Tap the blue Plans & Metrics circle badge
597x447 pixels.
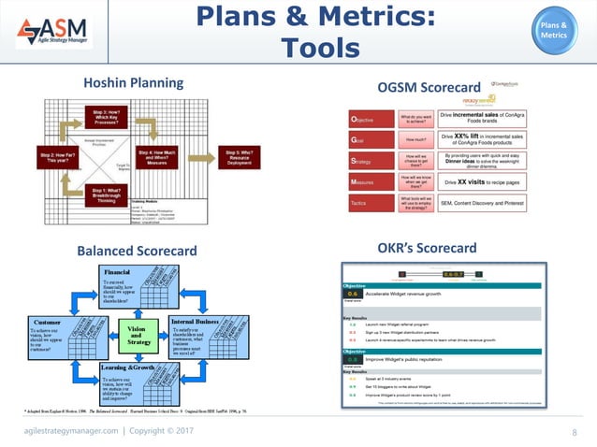point(551,29)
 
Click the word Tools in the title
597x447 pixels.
point(318,49)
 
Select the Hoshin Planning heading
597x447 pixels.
point(134,82)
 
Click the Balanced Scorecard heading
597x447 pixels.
point(137,250)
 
